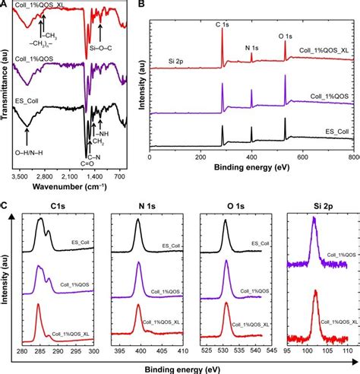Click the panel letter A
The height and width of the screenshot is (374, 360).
[x=5, y=5]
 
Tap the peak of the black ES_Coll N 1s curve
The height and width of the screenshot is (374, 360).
[x=137, y=221]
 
